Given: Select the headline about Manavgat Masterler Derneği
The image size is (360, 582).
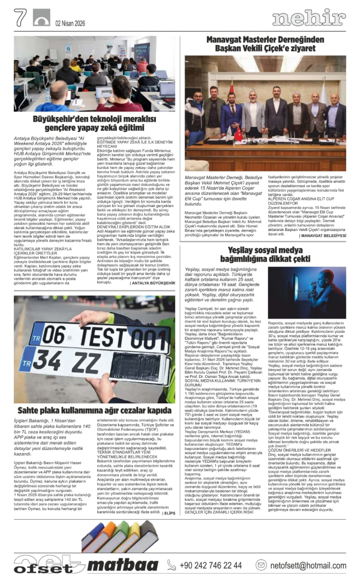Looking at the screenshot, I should click(265, 44).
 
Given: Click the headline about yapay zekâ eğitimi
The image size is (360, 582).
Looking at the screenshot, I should click(88, 123).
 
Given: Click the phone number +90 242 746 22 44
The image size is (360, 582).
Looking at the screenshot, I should click(211, 565).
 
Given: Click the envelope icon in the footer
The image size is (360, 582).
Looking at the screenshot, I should click(261, 565).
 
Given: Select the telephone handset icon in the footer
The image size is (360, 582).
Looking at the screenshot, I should click(171, 565).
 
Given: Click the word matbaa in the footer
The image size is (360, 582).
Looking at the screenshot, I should click(123, 565).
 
